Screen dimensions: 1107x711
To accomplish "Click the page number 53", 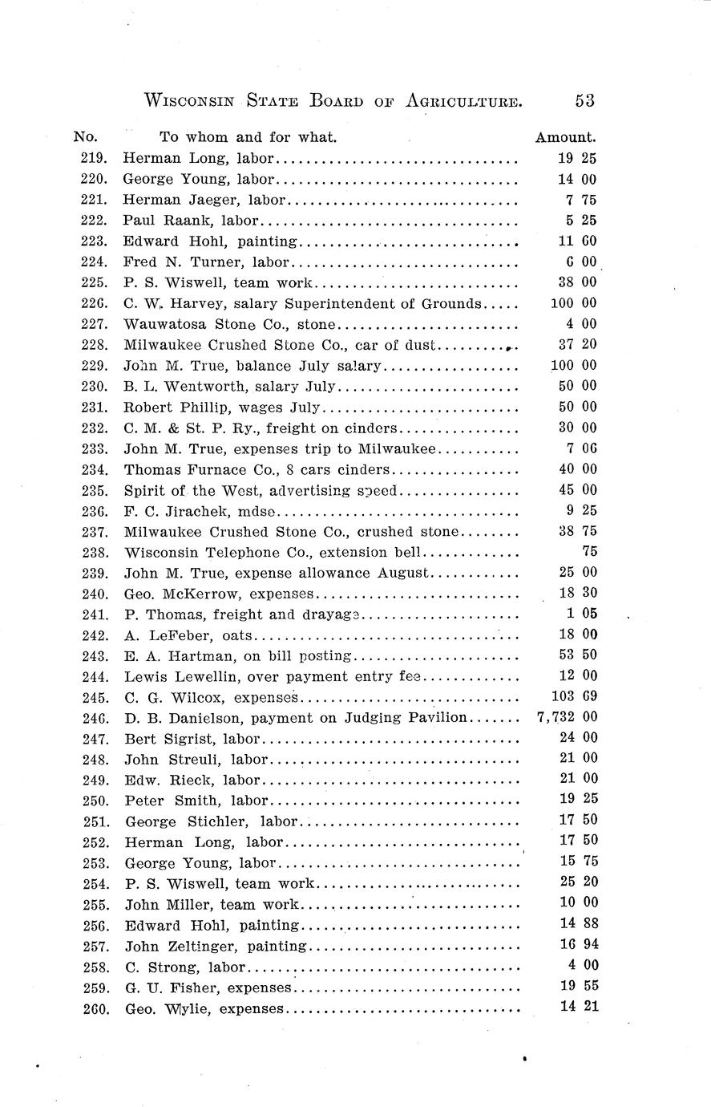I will click(584, 100).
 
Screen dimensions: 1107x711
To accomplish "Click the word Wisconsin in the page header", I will click(189, 101).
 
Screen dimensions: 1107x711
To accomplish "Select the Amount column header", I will click(565, 137).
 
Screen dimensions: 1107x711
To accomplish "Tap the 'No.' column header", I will click(85, 137).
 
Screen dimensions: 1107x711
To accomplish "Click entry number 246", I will click(95, 717).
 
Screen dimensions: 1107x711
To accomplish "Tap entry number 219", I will click(95, 159).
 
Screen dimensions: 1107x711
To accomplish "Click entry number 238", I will click(95, 552).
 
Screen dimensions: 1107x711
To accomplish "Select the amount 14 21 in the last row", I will click(579, 1008).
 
